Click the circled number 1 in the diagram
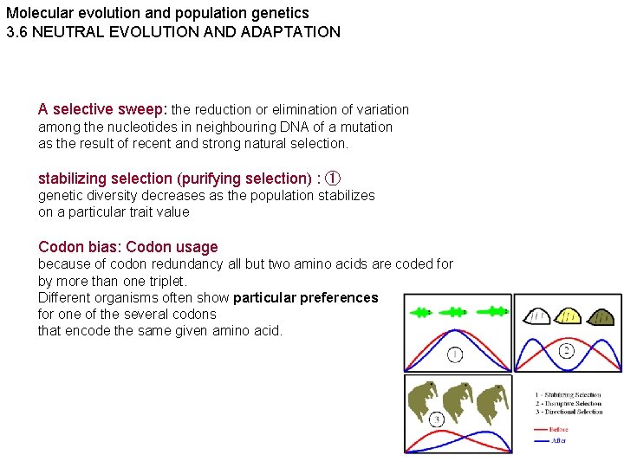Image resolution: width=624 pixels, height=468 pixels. (x=454, y=354)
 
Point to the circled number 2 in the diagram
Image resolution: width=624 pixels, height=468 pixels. (x=567, y=351)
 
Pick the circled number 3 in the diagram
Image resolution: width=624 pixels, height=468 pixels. (x=436, y=419)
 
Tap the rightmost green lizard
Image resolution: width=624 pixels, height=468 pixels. (x=496, y=311)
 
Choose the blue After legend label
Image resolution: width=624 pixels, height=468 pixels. (x=559, y=440)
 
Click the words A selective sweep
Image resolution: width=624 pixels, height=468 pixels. (x=102, y=109)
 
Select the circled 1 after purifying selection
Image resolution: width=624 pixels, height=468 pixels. (x=334, y=179)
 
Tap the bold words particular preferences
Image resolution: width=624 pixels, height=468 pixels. (x=305, y=297)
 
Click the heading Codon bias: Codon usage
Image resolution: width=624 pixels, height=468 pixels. (x=127, y=247)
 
